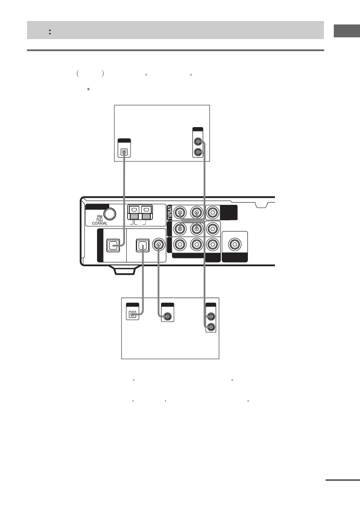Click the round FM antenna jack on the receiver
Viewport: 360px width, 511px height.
click(110, 213)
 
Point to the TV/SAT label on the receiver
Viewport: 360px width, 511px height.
click(169, 213)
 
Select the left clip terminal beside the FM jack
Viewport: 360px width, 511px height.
click(134, 213)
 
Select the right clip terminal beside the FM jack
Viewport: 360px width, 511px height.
click(147, 213)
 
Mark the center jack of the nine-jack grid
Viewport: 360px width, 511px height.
click(196, 228)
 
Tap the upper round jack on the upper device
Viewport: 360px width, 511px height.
click(198, 141)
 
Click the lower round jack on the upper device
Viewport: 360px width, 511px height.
click(198, 152)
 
